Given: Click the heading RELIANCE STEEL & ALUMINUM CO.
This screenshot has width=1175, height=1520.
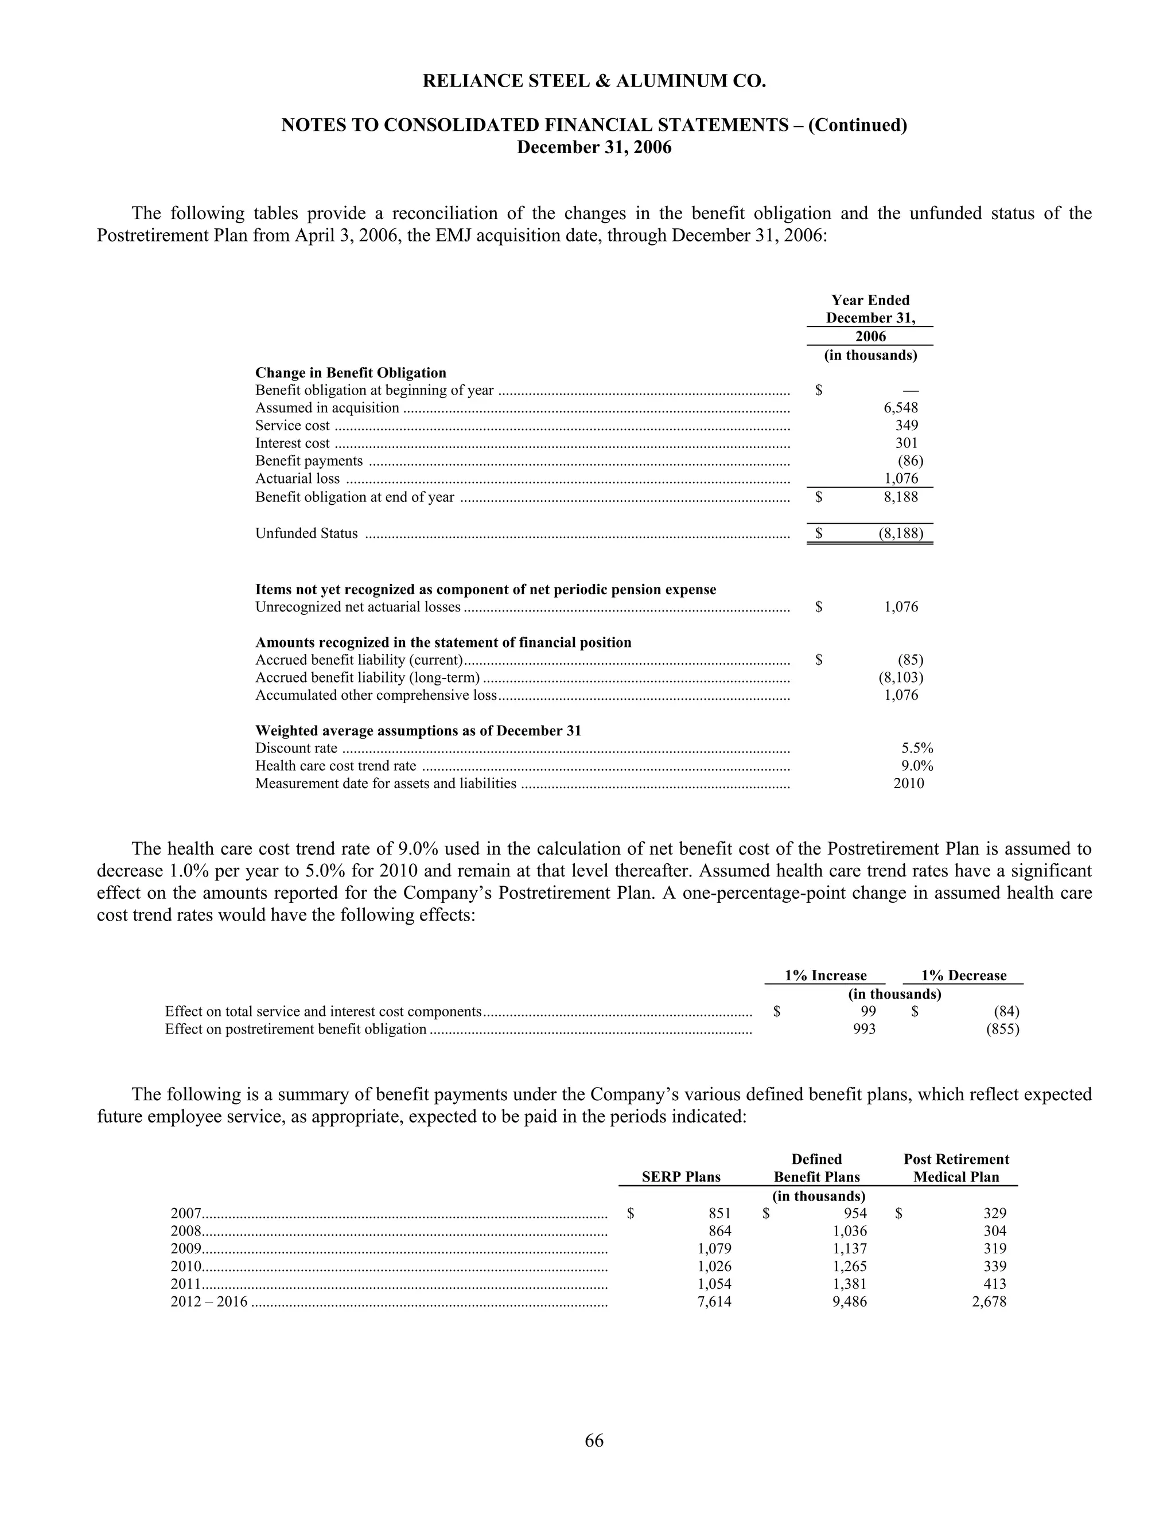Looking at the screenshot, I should pyautogui.click(x=594, y=81).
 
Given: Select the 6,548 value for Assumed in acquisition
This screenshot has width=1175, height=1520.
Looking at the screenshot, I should pyautogui.click(x=901, y=408).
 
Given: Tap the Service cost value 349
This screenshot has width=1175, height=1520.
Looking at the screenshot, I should pyautogui.click(x=906, y=425).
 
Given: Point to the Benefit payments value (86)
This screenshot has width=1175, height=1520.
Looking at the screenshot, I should pyautogui.click(x=910, y=461).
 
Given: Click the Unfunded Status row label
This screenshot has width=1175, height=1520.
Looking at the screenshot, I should pyautogui.click(x=306, y=534).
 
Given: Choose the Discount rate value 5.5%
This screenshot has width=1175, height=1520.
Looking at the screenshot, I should pyautogui.click(x=917, y=748).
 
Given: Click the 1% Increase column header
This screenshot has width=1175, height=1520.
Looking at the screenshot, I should pyautogui.click(x=825, y=975).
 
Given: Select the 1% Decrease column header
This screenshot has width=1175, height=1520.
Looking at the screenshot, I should pyautogui.click(x=963, y=975).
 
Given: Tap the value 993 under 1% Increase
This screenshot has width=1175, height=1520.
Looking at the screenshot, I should pyautogui.click(x=864, y=1028).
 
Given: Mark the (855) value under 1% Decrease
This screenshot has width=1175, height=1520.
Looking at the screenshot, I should pyautogui.click(x=1002, y=1028).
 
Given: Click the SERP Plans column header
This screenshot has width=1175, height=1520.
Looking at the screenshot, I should pyautogui.click(x=681, y=1177).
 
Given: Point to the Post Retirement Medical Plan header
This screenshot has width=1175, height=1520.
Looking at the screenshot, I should pyautogui.click(x=956, y=1168).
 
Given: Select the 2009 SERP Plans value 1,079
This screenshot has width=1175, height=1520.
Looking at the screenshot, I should pyautogui.click(x=714, y=1249).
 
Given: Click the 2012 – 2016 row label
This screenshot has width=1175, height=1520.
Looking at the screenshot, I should pyautogui.click(x=209, y=1301).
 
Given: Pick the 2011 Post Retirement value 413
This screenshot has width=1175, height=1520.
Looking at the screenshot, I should pyautogui.click(x=995, y=1284).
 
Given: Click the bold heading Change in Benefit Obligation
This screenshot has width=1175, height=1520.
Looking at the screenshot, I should pyautogui.click(x=350, y=372).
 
